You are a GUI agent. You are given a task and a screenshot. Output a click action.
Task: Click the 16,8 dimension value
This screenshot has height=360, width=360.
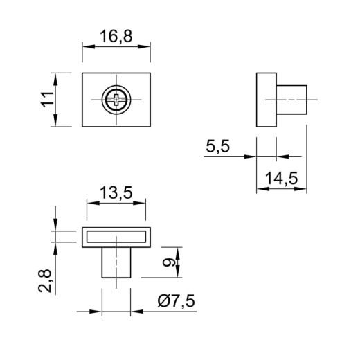116,37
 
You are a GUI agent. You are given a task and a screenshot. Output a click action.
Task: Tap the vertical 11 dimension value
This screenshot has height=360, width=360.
47,100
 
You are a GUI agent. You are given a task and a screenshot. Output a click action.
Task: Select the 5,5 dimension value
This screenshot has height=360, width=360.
217,146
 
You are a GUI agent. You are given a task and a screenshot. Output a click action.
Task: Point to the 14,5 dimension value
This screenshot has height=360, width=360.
281,179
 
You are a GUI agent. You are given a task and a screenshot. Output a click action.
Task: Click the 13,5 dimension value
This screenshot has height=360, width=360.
116,193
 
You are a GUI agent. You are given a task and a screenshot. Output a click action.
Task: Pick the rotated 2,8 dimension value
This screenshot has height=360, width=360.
44,281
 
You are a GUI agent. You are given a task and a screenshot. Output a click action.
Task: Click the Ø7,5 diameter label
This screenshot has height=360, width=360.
177,301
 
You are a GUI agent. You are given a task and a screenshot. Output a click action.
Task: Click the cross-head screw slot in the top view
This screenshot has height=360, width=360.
116,100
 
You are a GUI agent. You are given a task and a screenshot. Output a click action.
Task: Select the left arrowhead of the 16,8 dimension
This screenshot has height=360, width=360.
89,46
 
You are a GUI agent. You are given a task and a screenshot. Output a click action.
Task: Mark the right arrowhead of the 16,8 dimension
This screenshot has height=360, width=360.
144,46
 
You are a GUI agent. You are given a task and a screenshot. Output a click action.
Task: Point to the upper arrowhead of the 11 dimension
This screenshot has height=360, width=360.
55,80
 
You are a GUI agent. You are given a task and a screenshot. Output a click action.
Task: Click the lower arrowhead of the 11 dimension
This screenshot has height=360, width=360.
55,120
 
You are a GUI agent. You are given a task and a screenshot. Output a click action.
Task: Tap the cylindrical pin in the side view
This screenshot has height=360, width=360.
291,100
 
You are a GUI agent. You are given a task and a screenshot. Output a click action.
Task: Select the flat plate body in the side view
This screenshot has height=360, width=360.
267,100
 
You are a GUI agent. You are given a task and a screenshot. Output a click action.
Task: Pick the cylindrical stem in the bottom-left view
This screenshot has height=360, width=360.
116,262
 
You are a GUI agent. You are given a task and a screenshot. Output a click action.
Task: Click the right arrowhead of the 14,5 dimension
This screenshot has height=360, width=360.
300,189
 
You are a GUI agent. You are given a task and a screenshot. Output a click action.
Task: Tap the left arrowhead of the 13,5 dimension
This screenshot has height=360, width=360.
93,203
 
